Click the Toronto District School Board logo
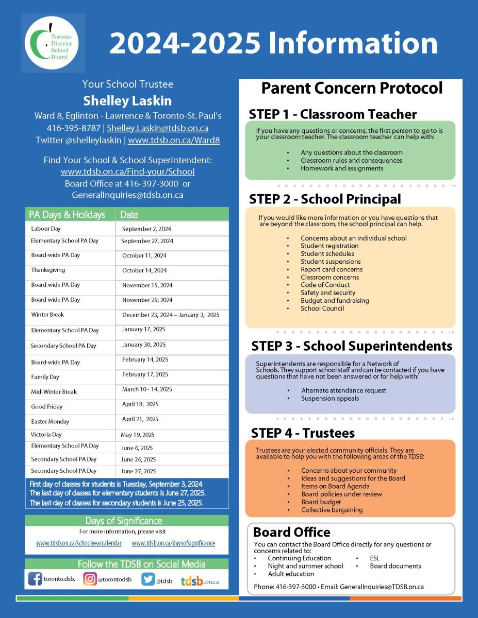(x=53, y=43)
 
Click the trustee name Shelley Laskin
(x=127, y=100)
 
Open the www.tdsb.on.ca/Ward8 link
(x=174, y=140)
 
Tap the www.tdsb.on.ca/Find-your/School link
(x=127, y=171)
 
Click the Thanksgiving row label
(x=48, y=270)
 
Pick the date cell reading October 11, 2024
(x=144, y=255)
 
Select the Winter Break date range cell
(x=170, y=315)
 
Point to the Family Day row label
(x=45, y=377)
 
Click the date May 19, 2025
(x=138, y=435)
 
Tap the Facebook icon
(x=35, y=579)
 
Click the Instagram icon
(x=90, y=579)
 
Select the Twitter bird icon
(x=149, y=579)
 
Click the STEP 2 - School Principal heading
(x=325, y=199)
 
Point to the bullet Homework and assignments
(x=342, y=168)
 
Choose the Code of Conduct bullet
(x=325, y=285)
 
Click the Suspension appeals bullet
(x=330, y=398)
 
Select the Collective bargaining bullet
(x=332, y=510)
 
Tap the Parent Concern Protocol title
(x=352, y=88)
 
